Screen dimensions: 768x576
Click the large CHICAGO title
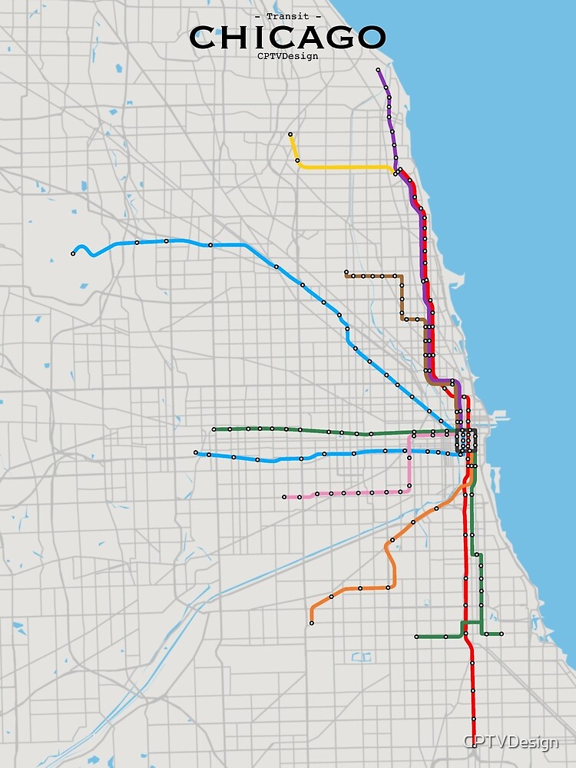(287, 37)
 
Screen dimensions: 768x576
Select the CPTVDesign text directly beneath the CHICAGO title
(287, 56)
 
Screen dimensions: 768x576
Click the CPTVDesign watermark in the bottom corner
(511, 743)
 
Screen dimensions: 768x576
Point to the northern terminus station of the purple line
(379, 70)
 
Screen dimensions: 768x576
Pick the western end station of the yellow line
(290, 135)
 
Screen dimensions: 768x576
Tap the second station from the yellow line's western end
(297, 161)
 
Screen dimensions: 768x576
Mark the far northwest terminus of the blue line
(74, 253)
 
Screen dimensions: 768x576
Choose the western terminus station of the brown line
(346, 272)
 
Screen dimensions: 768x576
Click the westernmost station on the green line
(214, 429)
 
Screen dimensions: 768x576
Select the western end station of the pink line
(284, 497)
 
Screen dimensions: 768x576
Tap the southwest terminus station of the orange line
(312, 623)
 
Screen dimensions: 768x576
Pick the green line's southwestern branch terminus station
(416, 637)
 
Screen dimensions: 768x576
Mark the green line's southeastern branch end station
(501, 634)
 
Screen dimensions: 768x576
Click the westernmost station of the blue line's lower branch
(196, 452)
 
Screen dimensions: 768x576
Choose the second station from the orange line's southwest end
(332, 596)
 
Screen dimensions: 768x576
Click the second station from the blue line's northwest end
(137, 243)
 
